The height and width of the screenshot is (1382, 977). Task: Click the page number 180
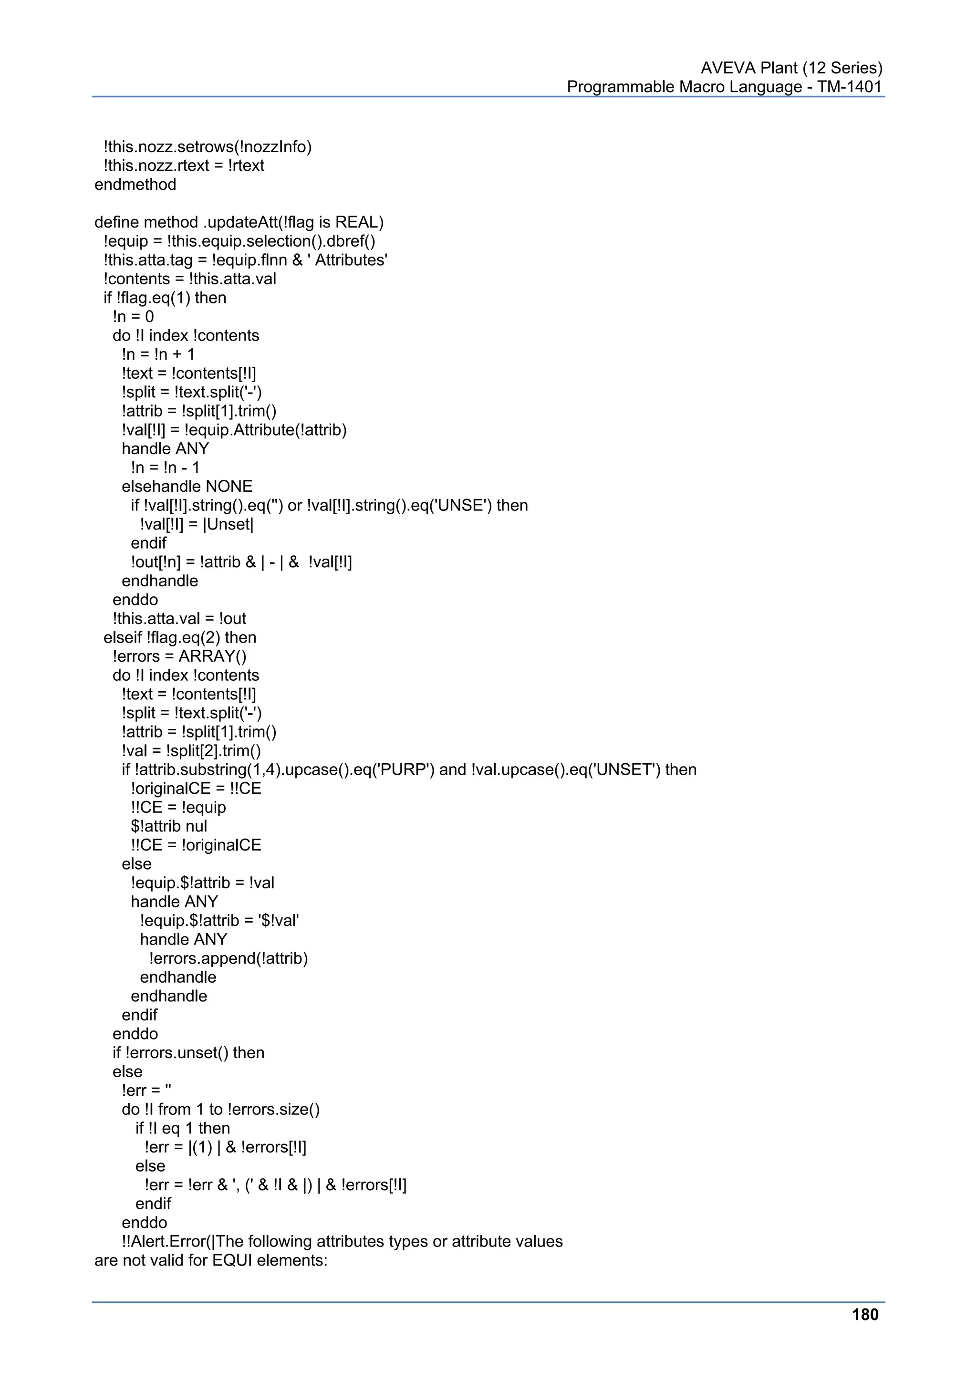pyautogui.click(x=865, y=1315)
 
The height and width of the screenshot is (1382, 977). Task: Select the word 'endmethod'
pyautogui.click(x=135, y=184)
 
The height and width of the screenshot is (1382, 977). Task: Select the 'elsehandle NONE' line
pyautogui.click(x=187, y=487)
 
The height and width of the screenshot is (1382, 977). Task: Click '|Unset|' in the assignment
pyautogui.click(x=229, y=524)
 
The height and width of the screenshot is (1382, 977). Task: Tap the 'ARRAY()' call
pyautogui.click(x=212, y=656)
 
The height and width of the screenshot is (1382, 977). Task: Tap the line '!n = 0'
pyautogui.click(x=133, y=317)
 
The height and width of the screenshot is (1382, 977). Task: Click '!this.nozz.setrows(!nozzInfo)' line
pyautogui.click(x=208, y=147)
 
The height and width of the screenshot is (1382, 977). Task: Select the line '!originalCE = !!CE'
pyautogui.click(x=196, y=789)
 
